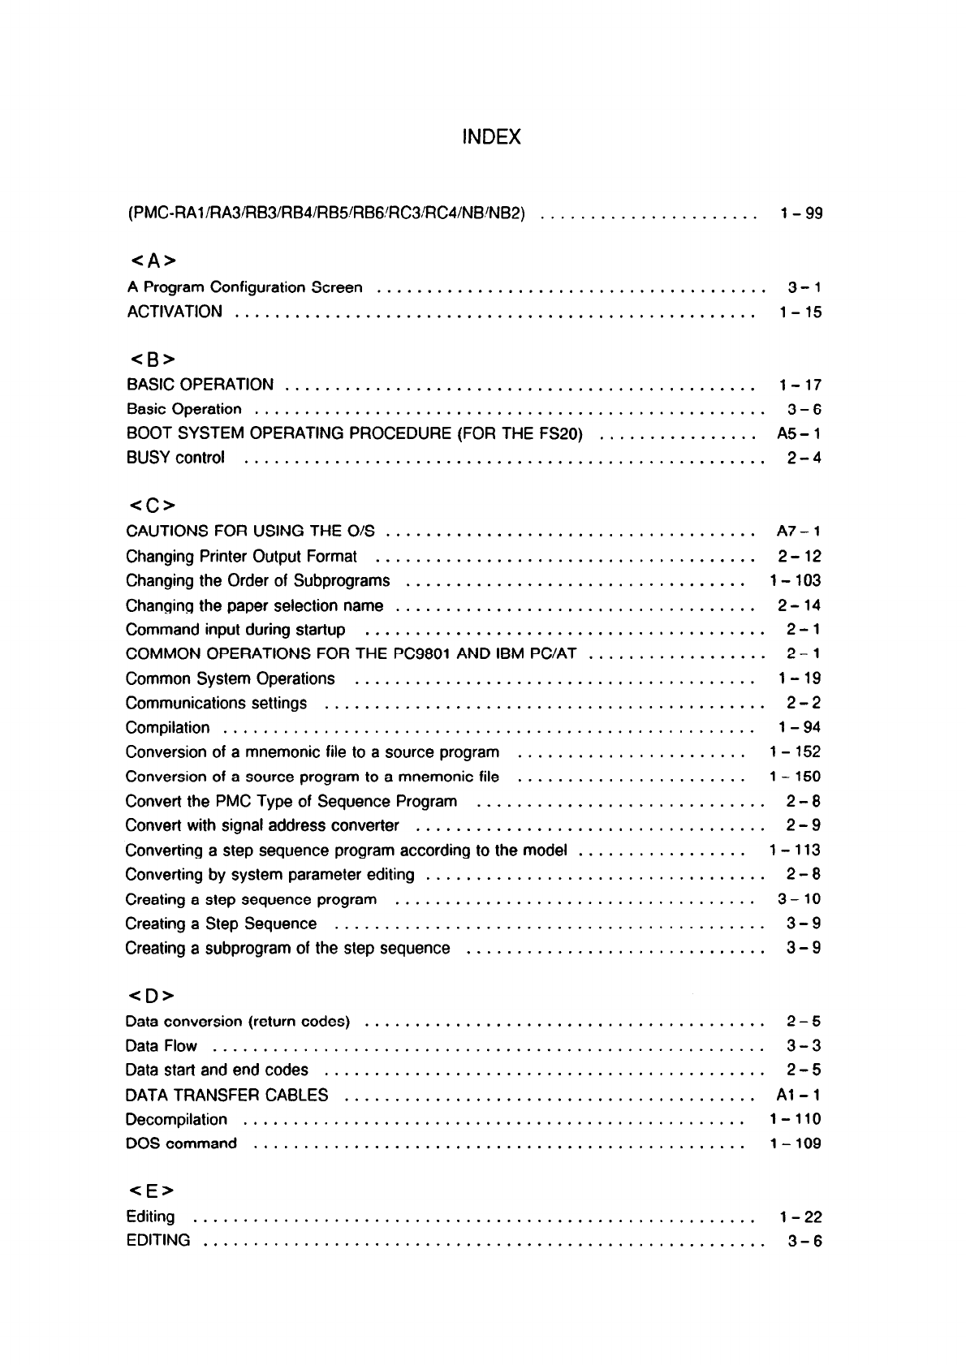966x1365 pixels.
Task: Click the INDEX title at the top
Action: click(490, 137)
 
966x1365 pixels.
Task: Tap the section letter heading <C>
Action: click(152, 506)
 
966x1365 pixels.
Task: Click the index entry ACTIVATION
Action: click(175, 312)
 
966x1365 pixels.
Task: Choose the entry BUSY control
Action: click(175, 458)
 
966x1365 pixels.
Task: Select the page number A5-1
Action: click(799, 433)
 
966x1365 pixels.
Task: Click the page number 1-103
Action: click(795, 580)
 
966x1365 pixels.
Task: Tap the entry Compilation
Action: click(167, 728)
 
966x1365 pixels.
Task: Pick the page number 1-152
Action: click(795, 751)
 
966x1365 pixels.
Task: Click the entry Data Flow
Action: click(162, 1046)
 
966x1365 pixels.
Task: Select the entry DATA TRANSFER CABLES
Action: click(227, 1095)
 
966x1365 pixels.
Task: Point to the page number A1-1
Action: click(799, 1095)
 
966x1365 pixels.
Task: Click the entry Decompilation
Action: click(176, 1120)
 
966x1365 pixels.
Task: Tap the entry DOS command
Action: click(181, 1144)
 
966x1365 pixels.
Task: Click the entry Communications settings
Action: click(216, 703)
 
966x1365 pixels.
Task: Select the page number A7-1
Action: click(799, 532)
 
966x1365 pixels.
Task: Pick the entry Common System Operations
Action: click(230, 678)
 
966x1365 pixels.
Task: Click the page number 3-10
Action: click(799, 898)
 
